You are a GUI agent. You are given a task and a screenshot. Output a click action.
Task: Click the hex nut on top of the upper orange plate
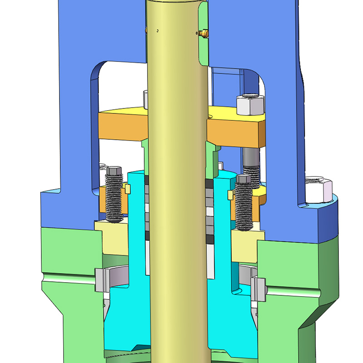[x=250, y=105]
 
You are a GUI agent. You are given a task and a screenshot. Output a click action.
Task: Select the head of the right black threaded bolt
[x=244, y=180]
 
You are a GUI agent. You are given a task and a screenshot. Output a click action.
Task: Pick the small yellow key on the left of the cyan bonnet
[x=128, y=188]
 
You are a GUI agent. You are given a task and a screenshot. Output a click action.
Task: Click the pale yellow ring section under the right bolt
[x=247, y=238]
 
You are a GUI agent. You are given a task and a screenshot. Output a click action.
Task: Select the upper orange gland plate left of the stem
[x=123, y=125]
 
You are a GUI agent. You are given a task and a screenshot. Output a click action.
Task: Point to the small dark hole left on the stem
[x=157, y=30]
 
